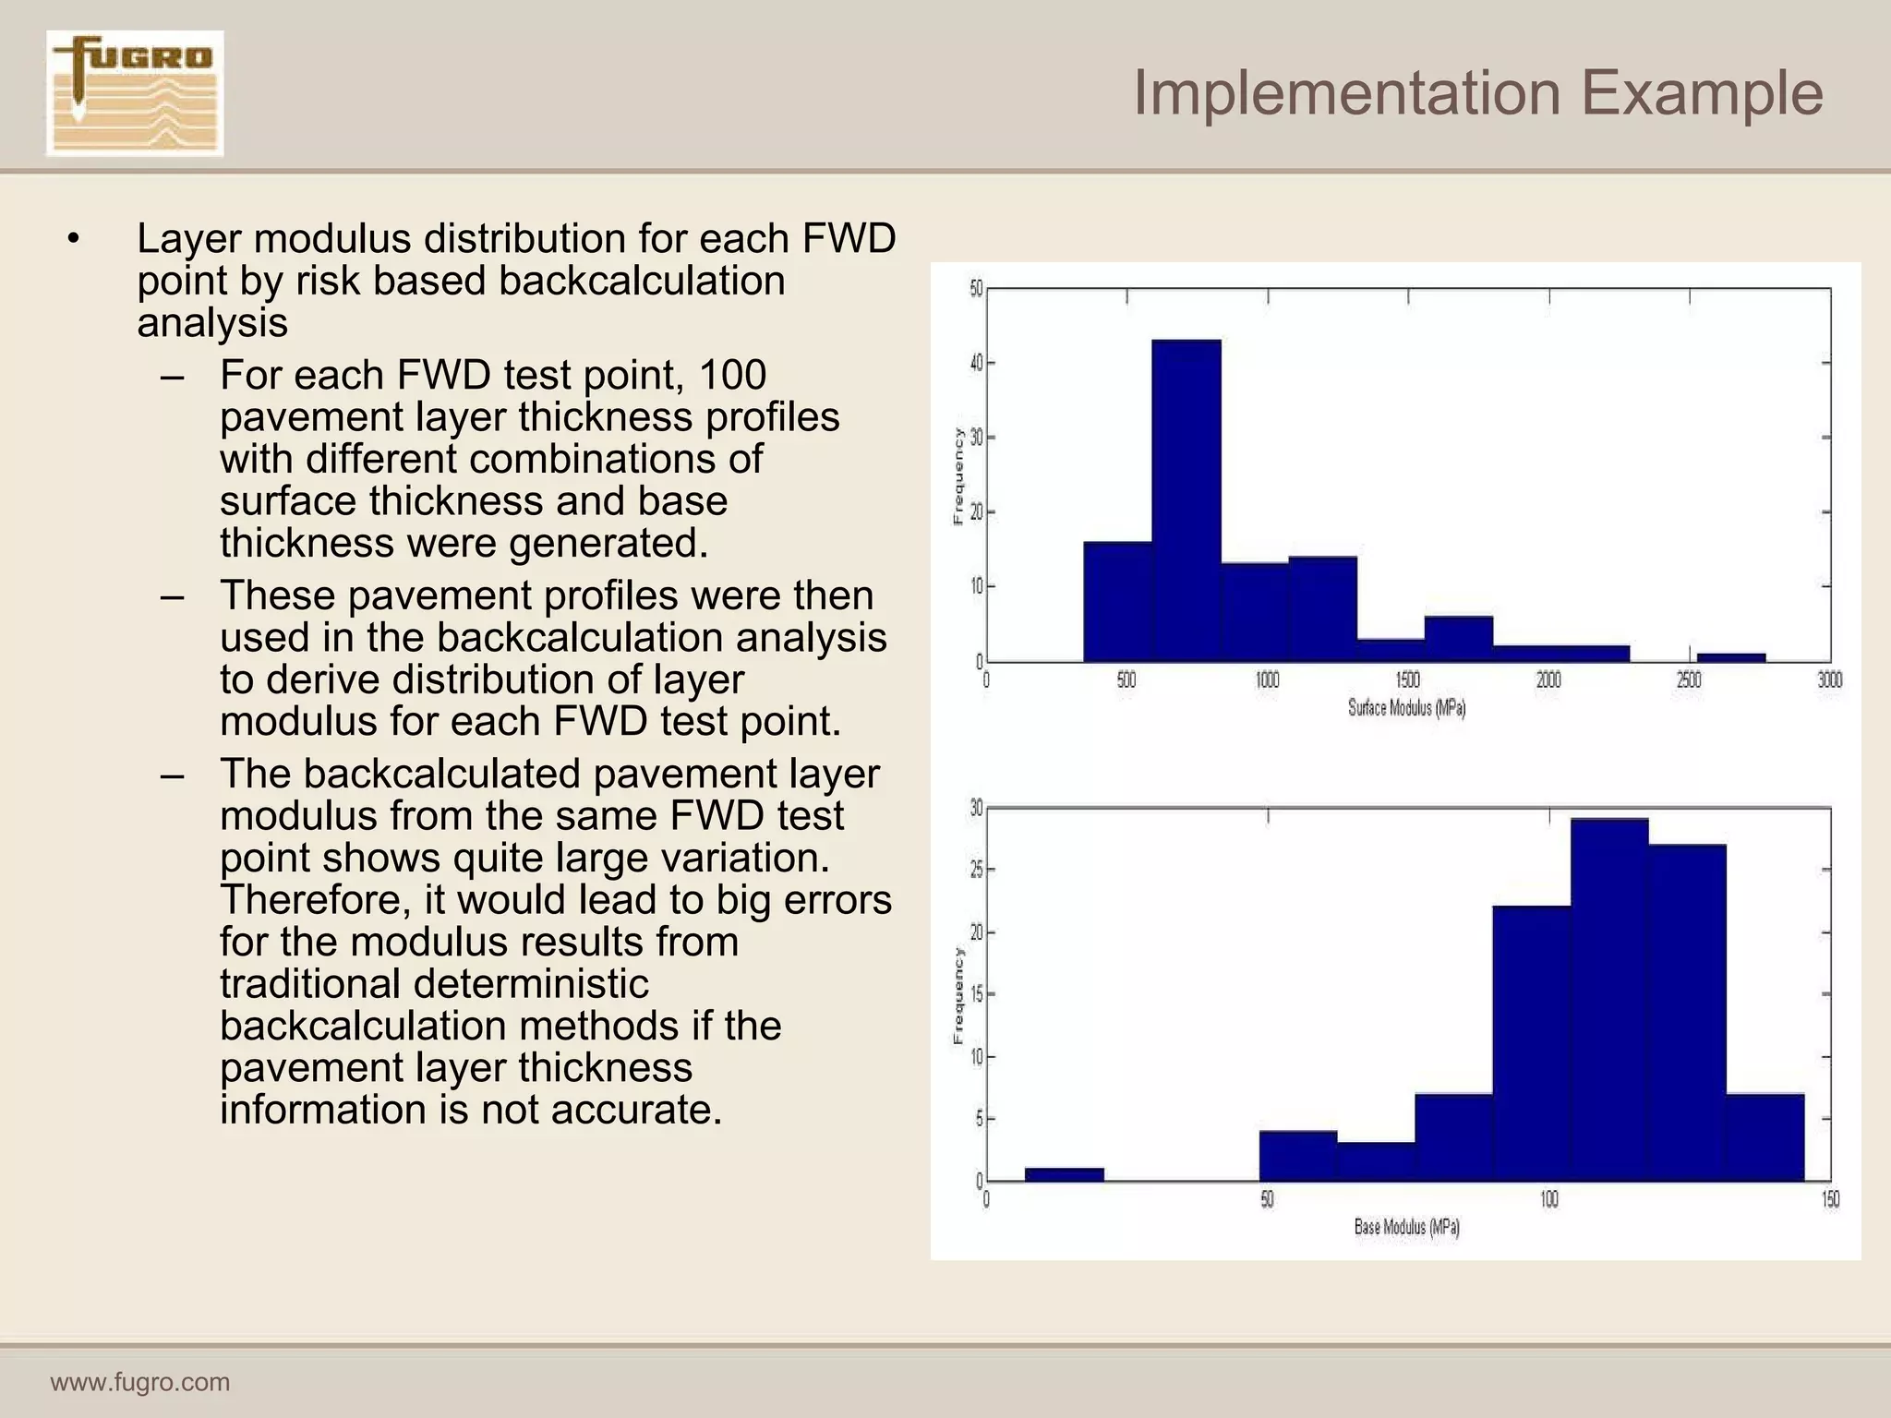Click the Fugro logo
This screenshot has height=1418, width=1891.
click(135, 92)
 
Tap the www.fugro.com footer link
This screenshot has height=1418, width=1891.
click(139, 1382)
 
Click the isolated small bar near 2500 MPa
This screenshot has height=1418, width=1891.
click(1730, 657)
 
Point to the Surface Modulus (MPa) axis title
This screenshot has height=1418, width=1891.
click(1406, 708)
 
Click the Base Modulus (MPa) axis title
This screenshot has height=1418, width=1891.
click(1406, 1227)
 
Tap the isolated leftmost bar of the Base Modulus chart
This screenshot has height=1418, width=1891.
click(1064, 1174)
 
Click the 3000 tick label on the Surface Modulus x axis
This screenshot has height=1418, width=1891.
click(1829, 680)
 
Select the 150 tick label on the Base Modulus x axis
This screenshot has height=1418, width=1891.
click(1830, 1199)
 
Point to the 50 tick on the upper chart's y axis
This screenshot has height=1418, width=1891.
click(976, 289)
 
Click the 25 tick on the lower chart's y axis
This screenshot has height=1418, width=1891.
click(976, 870)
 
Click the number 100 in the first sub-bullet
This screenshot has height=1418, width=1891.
click(732, 376)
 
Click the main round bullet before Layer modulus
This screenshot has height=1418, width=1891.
click(74, 240)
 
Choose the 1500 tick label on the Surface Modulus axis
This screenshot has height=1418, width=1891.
click(1407, 680)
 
